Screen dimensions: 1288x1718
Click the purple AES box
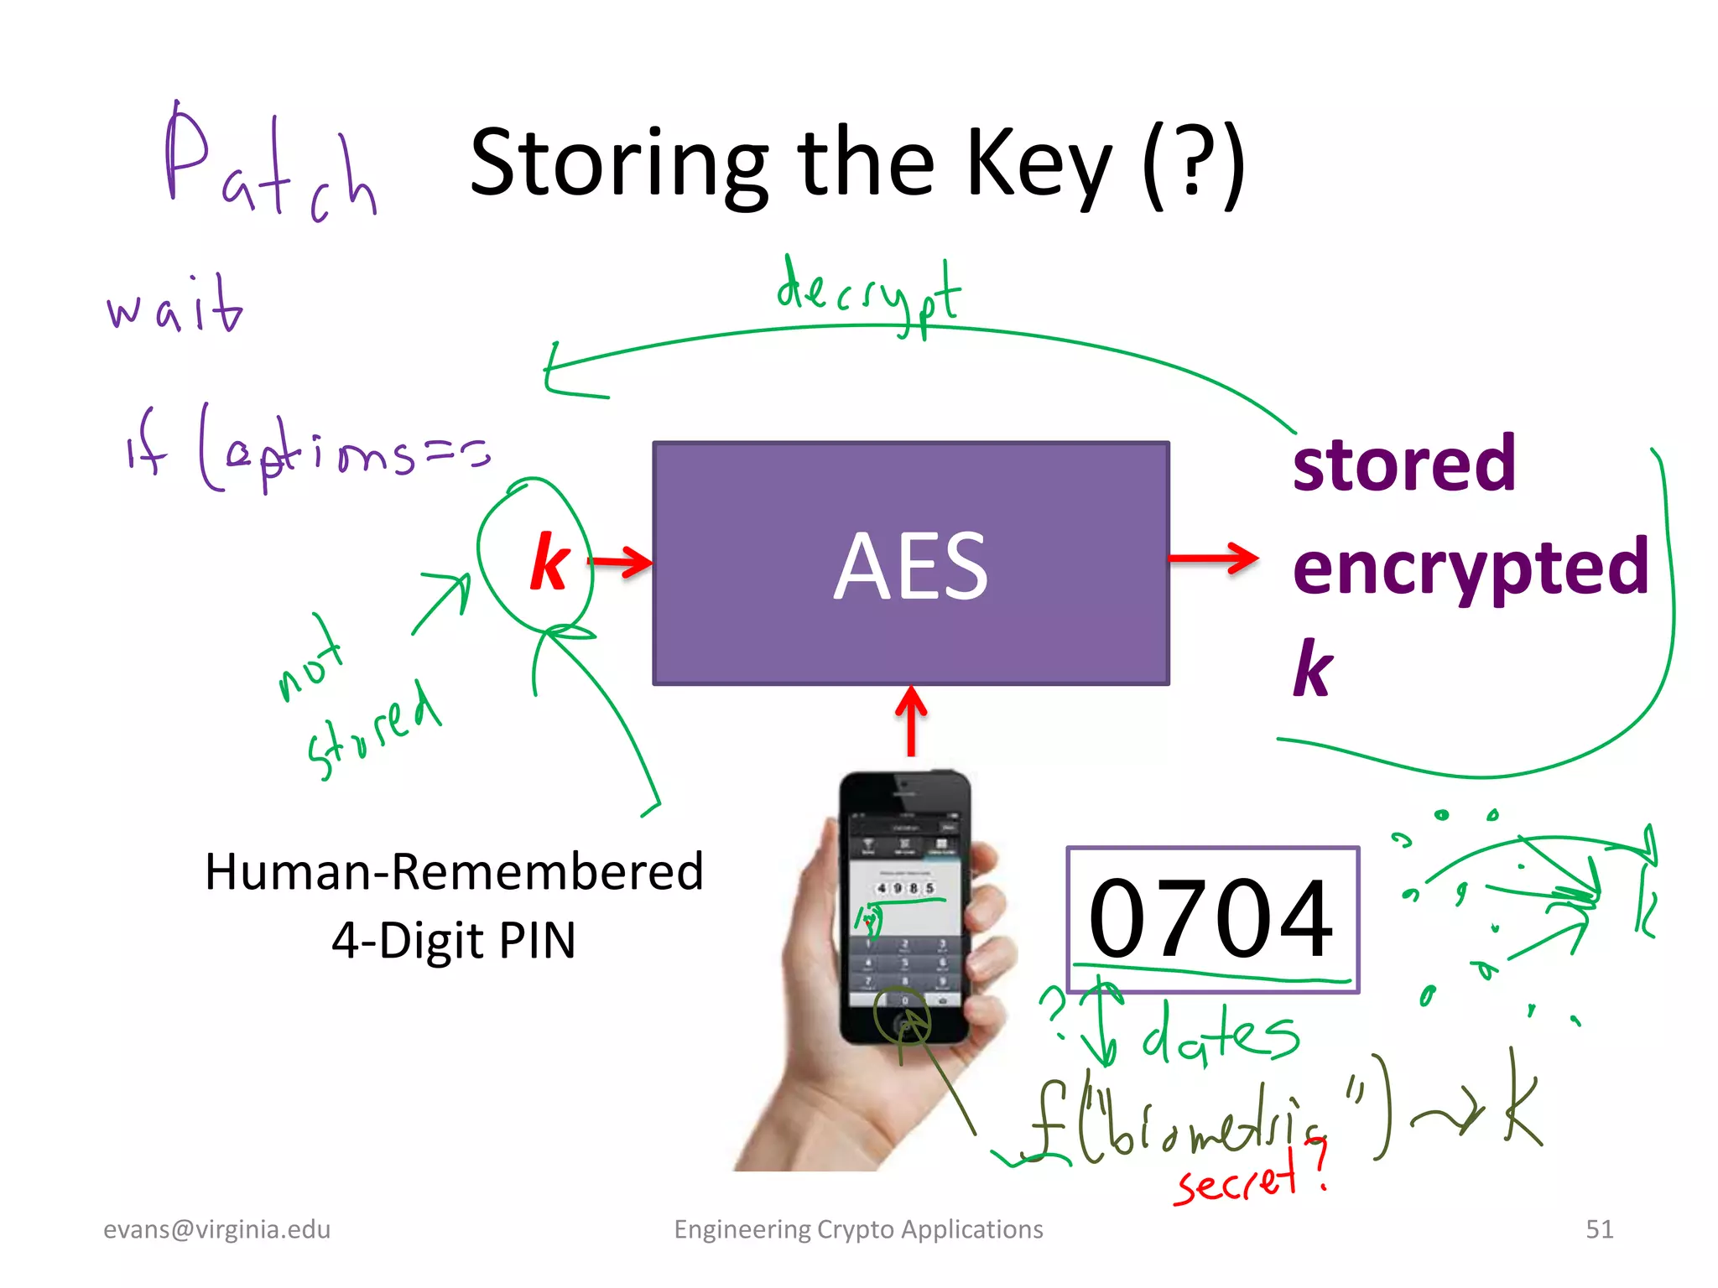click(x=911, y=563)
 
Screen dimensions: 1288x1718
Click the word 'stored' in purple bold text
click(x=1404, y=464)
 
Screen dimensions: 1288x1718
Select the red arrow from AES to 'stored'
click(x=1213, y=558)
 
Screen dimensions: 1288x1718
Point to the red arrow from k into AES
click(x=621, y=562)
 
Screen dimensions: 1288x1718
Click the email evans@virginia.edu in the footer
click(x=216, y=1229)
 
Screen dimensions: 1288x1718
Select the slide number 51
click(x=1599, y=1229)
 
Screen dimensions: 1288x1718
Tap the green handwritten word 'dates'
click(x=1221, y=1033)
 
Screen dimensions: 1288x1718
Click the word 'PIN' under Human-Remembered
click(x=537, y=941)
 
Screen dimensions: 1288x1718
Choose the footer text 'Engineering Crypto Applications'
click(x=858, y=1229)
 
